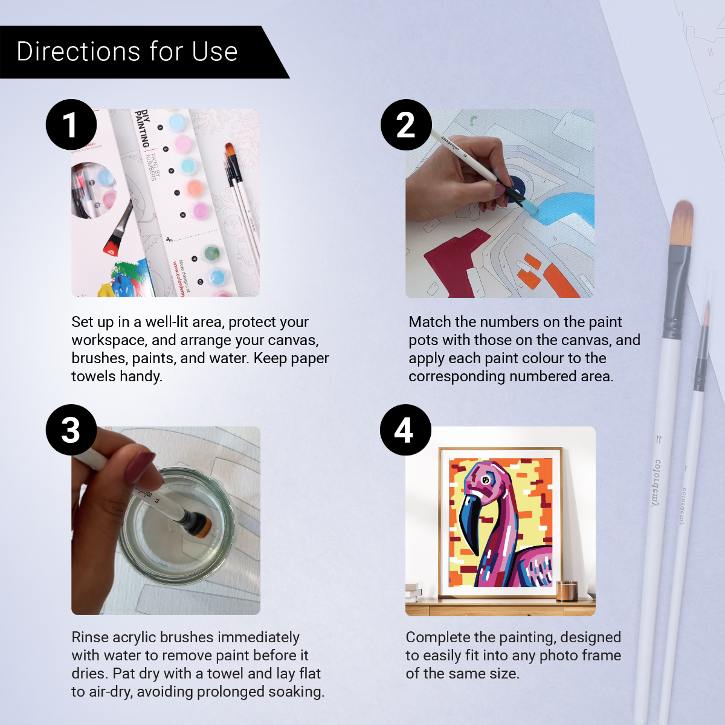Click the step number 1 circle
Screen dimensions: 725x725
(71, 125)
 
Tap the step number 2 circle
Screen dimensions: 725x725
(406, 125)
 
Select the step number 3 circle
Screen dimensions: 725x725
(71, 430)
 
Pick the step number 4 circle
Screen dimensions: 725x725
(405, 430)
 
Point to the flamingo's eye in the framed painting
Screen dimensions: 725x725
(485, 480)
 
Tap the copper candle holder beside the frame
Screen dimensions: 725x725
(566, 590)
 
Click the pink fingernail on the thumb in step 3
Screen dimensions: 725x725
(140, 467)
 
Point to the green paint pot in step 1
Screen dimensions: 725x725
(211, 253)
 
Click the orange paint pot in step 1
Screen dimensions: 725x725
(194, 188)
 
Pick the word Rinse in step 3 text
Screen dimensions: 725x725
(89, 637)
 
